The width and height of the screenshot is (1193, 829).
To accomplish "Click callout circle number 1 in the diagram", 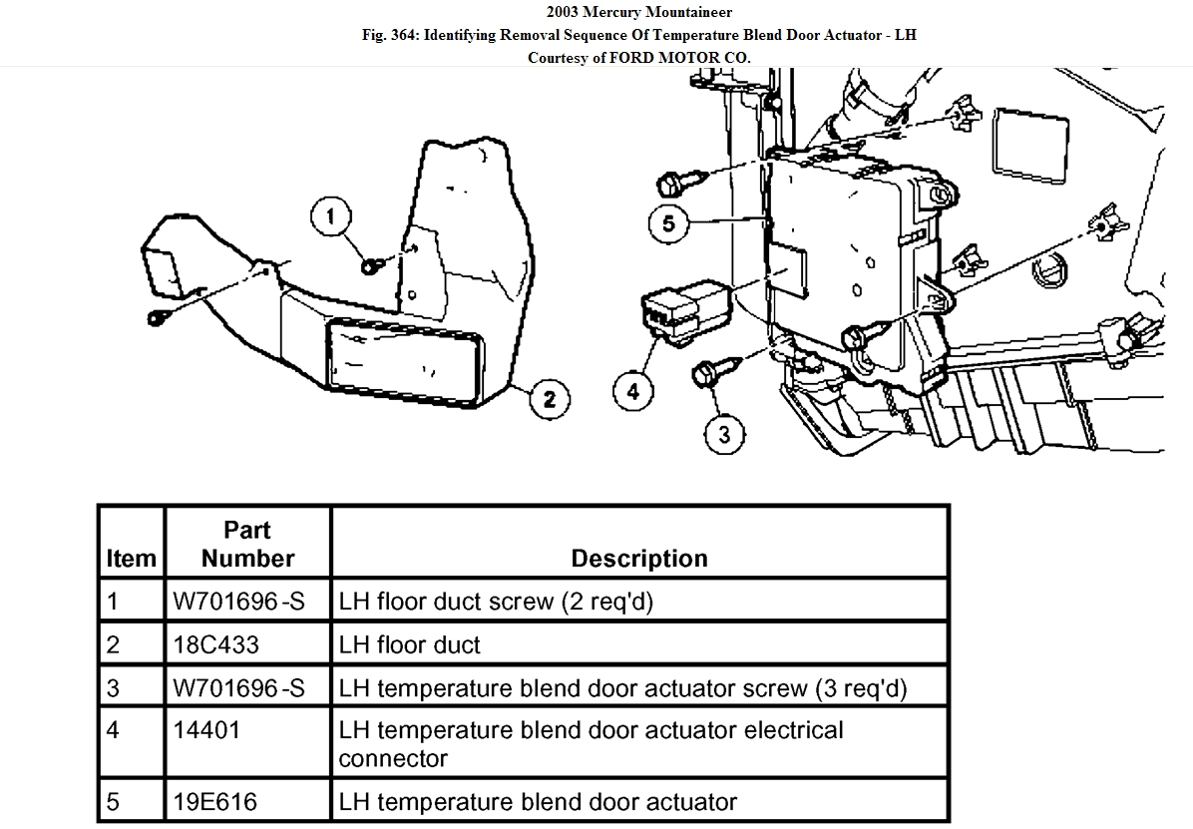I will tap(332, 216).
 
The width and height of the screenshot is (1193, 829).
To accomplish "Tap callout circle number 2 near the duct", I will tap(549, 400).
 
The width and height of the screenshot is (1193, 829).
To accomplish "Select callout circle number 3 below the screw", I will tap(723, 434).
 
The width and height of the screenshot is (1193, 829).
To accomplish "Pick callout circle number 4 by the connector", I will tap(632, 391).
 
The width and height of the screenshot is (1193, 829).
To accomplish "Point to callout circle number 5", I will tap(668, 222).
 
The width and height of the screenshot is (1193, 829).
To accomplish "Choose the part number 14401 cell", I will tap(207, 730).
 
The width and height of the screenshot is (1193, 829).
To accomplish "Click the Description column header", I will tap(639, 559).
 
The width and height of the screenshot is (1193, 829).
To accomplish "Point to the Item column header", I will tap(131, 559).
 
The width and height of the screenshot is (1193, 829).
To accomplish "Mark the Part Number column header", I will tap(247, 544).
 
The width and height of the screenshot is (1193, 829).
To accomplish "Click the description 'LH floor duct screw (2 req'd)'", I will tap(496, 602).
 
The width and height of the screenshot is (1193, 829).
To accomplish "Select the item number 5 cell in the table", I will tap(113, 802).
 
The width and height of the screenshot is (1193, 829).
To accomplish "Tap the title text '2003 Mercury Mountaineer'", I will tap(638, 12).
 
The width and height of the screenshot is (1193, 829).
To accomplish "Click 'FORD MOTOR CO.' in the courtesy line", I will tap(690, 57).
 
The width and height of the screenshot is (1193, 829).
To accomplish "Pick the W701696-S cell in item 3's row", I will tap(238, 687).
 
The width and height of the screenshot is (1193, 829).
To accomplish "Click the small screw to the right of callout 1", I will tap(371, 265).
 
